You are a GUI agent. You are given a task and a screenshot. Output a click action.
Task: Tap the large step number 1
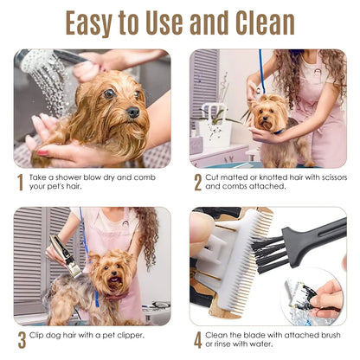[20, 183]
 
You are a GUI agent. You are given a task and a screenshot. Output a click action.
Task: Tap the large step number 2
[197, 183]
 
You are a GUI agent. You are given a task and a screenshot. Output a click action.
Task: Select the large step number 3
[21, 340]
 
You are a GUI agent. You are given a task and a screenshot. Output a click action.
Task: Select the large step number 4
[197, 340]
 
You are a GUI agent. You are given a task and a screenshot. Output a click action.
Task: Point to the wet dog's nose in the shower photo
[132, 112]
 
